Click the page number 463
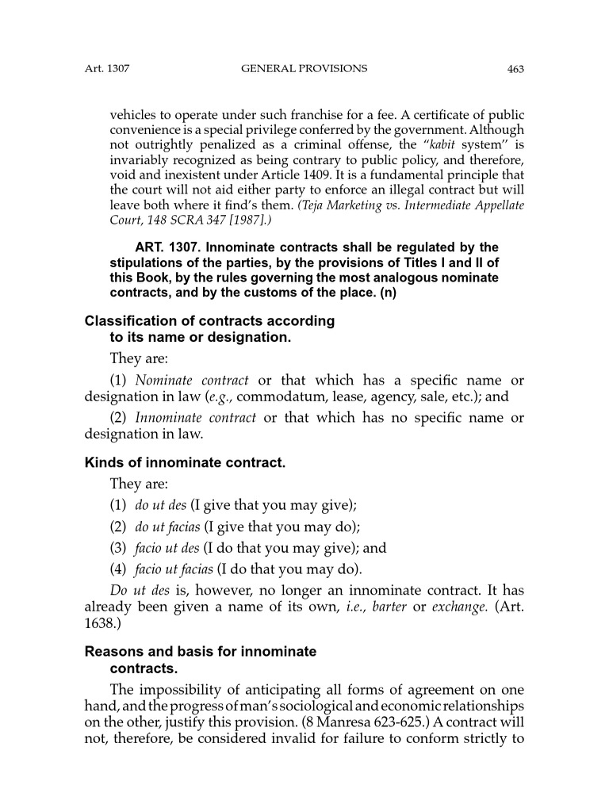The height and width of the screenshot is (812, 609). tap(515, 69)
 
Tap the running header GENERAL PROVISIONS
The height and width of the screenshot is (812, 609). tap(304, 69)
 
